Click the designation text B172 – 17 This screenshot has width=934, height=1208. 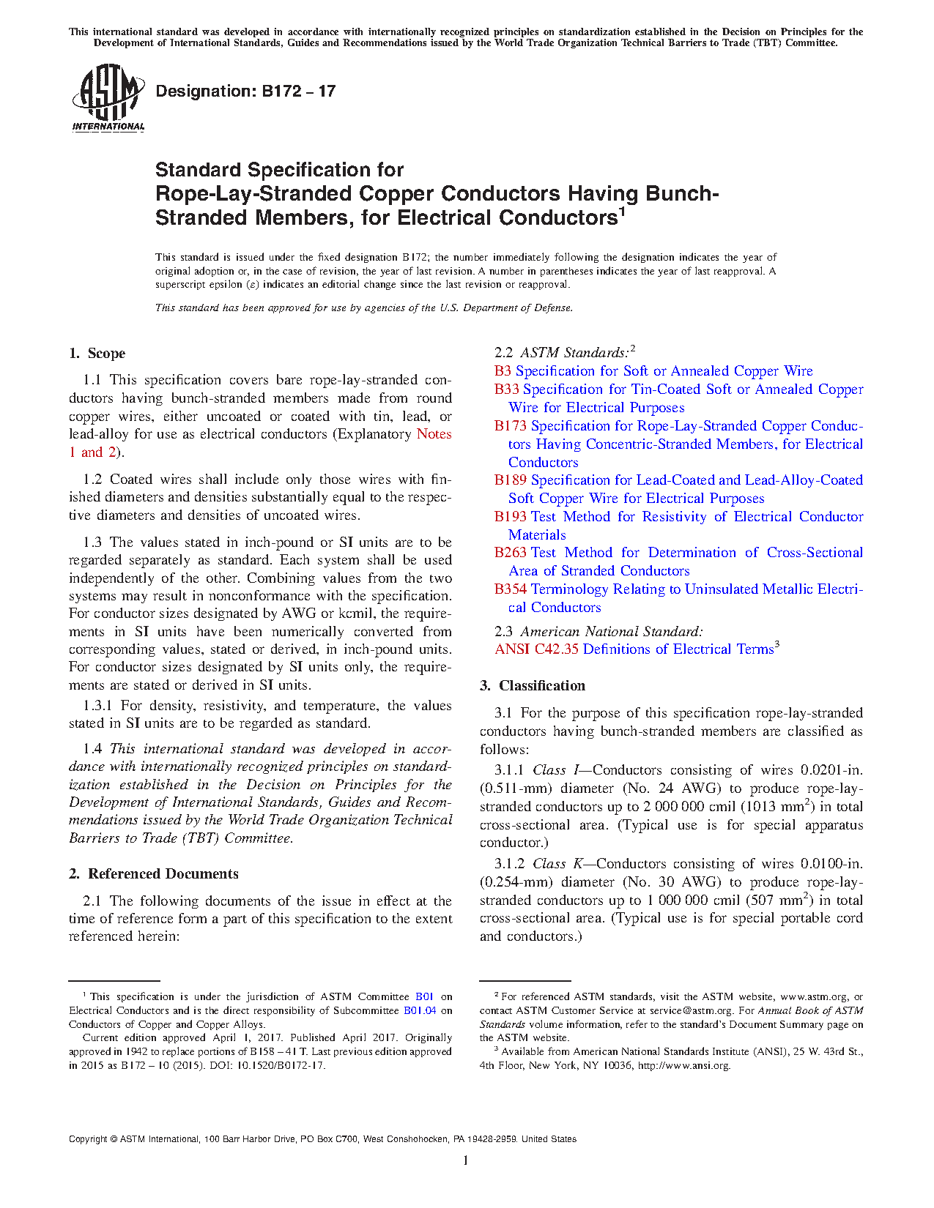tap(245, 92)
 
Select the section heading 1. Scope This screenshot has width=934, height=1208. tap(97, 354)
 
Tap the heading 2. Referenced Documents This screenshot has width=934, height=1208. tap(153, 874)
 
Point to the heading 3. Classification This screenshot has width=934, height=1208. tap(533, 686)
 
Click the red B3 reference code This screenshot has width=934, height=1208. tap(503, 371)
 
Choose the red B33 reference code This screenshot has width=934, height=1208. tap(506, 389)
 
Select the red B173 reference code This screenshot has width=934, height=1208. tap(510, 426)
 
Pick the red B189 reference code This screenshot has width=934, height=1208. tap(510, 480)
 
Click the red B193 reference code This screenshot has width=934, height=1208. tap(510, 517)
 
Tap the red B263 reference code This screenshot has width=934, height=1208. tap(510, 553)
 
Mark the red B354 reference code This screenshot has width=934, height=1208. tap(510, 589)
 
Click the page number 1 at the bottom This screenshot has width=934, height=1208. tap(466, 1160)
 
